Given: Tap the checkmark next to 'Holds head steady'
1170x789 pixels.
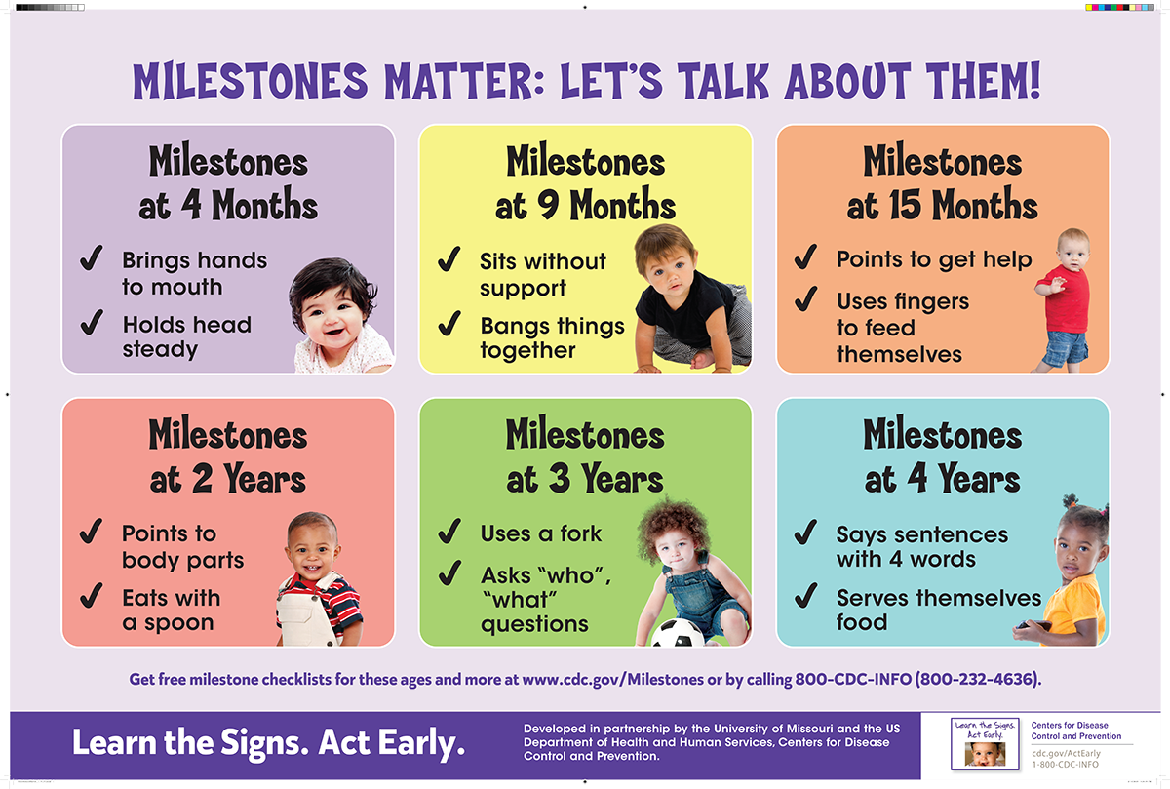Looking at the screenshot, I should pos(92,321).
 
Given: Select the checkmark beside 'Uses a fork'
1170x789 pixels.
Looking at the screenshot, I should pos(449,533).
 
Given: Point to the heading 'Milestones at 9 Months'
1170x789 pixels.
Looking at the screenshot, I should pos(585,183).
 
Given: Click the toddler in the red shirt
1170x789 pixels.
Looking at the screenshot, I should pos(1064,297).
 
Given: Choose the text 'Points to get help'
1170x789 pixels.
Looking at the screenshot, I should pos(933,260).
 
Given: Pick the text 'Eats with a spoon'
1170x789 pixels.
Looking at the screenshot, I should pos(171,610).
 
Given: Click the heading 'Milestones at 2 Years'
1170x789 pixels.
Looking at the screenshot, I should pos(228,456).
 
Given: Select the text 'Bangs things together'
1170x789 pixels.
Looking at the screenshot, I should pos(552,337).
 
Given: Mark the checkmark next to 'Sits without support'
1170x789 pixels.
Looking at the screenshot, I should pos(449,260).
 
